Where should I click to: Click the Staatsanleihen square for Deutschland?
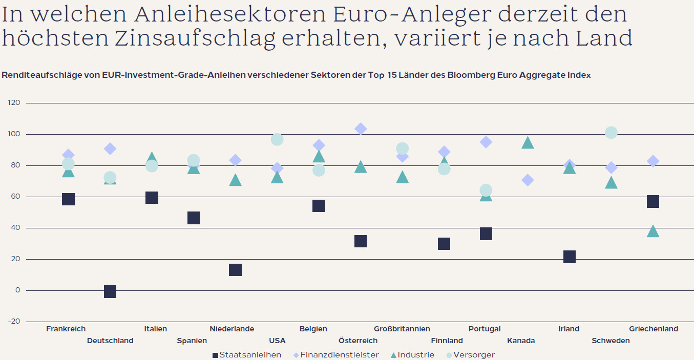[x=110, y=291]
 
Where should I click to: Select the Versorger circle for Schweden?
[x=611, y=133]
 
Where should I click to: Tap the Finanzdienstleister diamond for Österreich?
[x=361, y=129]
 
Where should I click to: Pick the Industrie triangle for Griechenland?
[x=653, y=231]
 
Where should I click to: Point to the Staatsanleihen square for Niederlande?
[x=235, y=270]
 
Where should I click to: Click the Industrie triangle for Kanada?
[x=528, y=143]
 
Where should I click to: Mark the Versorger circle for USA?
[x=277, y=139]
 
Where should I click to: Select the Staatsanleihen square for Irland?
[x=569, y=257]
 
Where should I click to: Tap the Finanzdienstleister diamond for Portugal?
[x=486, y=142]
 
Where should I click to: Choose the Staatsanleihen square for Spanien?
[x=194, y=218]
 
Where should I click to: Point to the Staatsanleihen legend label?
[x=250, y=355]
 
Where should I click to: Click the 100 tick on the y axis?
[x=14, y=134]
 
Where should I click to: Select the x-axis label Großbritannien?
[x=402, y=329]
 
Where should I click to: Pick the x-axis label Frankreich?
[x=66, y=329]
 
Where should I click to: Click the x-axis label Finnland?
[x=447, y=341]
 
